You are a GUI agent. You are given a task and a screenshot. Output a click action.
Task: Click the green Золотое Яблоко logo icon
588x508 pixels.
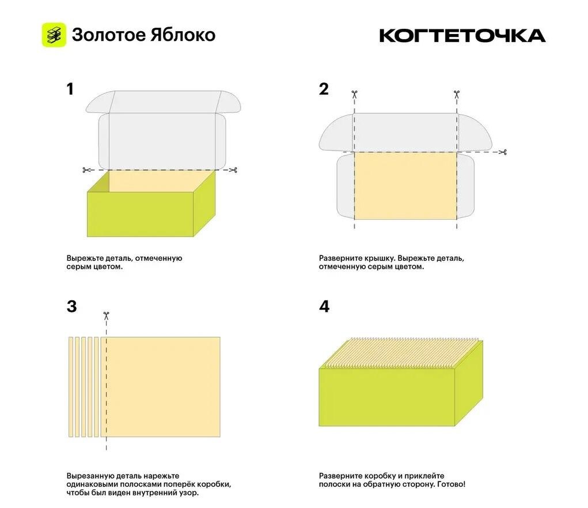click(x=54, y=35)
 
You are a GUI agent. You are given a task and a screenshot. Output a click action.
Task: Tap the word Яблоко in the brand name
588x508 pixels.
click(x=183, y=35)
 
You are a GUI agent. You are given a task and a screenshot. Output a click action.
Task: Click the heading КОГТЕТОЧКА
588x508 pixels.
click(x=462, y=36)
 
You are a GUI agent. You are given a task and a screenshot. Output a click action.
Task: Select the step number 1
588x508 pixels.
click(x=70, y=89)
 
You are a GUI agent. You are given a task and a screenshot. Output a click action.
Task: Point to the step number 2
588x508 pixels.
click(x=323, y=89)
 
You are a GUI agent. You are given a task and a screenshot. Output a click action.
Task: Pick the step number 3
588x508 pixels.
click(x=71, y=306)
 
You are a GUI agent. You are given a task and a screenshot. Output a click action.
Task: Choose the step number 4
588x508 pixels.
click(x=324, y=306)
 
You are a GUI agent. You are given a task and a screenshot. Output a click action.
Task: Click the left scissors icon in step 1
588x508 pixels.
click(x=86, y=170)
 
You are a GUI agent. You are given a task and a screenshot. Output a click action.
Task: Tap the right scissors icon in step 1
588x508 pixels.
click(x=233, y=170)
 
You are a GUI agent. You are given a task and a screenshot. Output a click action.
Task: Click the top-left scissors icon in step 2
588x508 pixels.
click(x=354, y=94)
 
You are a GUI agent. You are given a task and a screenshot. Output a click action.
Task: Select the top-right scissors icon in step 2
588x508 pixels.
click(x=456, y=94)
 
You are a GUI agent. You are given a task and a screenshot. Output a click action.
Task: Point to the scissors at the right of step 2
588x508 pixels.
click(x=503, y=152)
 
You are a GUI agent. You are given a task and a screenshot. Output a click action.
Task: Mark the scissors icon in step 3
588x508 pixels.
click(x=106, y=316)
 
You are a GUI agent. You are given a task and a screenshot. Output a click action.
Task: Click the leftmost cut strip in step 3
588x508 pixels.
click(x=71, y=387)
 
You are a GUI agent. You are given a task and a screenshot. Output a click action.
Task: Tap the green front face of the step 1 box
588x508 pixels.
click(x=141, y=215)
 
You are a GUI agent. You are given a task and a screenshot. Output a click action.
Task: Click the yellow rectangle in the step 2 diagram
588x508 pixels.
click(x=405, y=186)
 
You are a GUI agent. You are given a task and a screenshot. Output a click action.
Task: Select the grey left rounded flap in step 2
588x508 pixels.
click(x=336, y=133)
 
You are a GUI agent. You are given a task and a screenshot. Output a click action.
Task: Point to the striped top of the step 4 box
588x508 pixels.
click(x=401, y=353)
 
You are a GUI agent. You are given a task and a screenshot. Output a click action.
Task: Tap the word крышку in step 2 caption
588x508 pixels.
click(x=382, y=258)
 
